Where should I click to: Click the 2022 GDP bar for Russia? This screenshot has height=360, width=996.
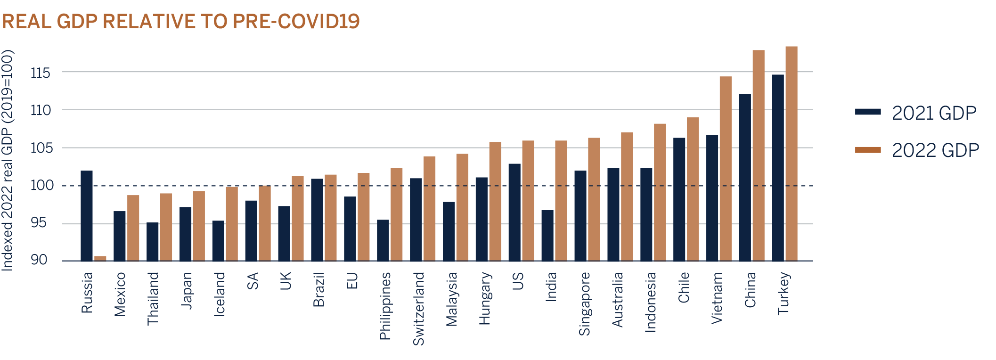point(100,258)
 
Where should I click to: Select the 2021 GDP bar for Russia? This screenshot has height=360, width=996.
point(87,216)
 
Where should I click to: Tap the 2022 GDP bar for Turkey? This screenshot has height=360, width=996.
point(792,154)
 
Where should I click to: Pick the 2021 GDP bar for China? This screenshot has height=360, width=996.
point(745,177)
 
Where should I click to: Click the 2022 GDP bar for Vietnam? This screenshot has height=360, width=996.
point(726,169)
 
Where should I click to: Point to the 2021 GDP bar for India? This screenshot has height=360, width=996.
point(547,236)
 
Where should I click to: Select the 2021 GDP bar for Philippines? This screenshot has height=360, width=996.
point(383,240)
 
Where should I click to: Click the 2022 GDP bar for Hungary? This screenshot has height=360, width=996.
point(495,202)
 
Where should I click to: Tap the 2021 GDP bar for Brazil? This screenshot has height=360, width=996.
point(317,220)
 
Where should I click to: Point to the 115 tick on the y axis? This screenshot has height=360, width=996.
point(40,73)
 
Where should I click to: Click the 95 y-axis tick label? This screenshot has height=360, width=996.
point(39,222)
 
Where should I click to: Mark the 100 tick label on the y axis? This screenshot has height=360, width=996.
point(41,186)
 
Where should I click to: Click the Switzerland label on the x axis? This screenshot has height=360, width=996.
point(418,309)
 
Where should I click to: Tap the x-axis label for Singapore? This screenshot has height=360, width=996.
point(584,304)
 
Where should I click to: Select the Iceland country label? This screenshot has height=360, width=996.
point(220,294)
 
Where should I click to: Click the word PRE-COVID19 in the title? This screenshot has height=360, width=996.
point(296,22)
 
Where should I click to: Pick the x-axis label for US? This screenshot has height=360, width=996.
point(518,281)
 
